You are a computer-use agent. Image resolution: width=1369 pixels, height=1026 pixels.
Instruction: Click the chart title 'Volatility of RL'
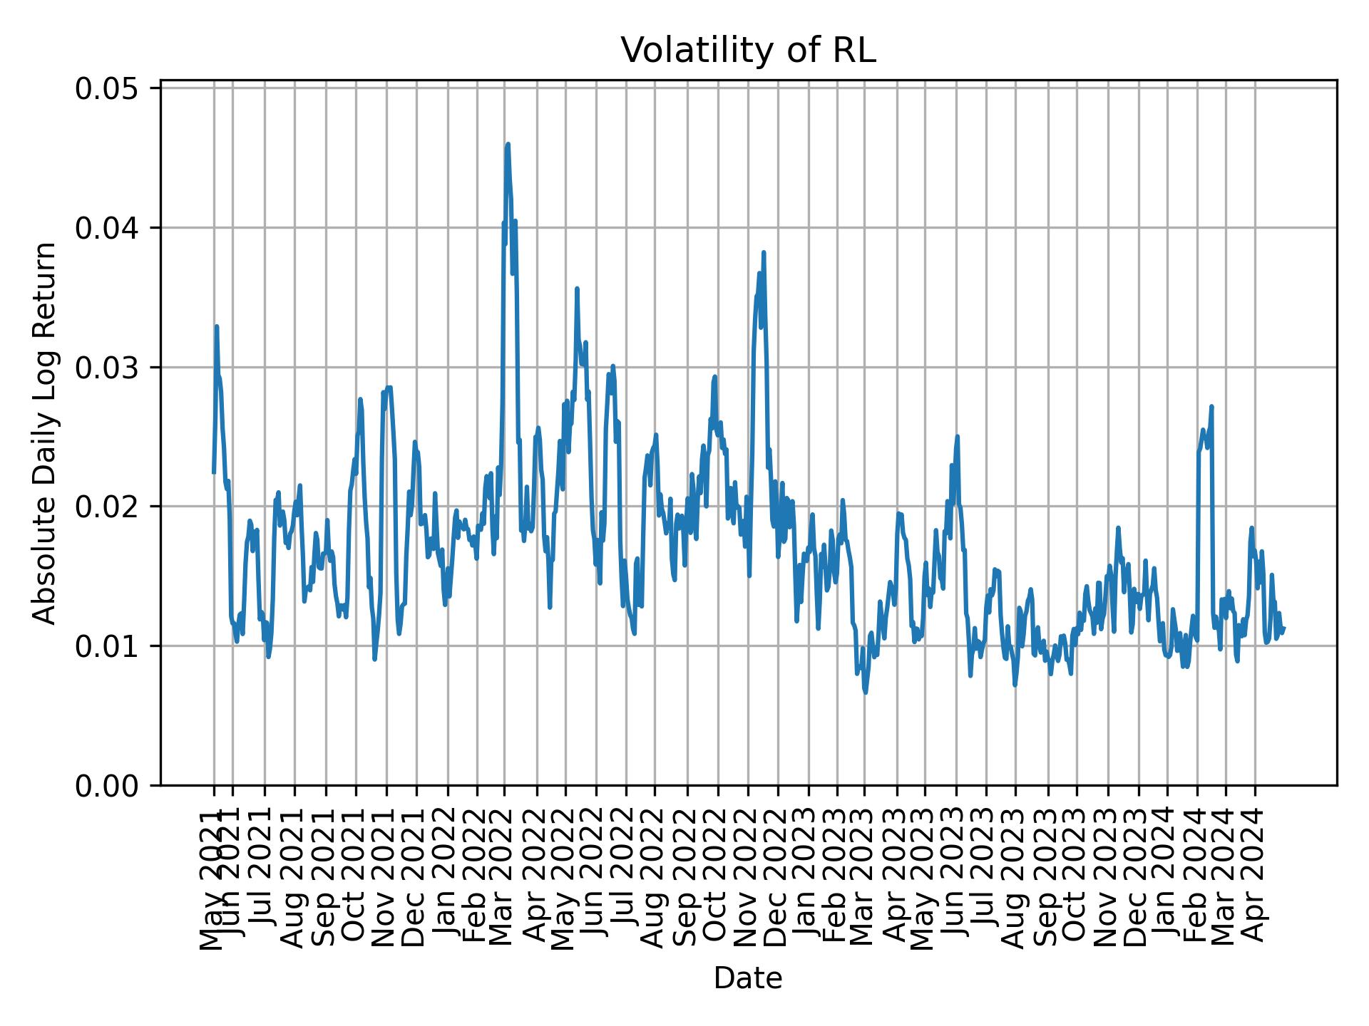[748, 51]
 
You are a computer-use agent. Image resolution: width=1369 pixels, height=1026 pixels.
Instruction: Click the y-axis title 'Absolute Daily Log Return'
[46, 432]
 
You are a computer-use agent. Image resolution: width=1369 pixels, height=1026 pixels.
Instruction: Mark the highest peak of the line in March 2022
[508, 144]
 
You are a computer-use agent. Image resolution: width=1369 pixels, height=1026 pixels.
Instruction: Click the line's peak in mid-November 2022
[764, 252]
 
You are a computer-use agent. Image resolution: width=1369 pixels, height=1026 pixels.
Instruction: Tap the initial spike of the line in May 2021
[216, 326]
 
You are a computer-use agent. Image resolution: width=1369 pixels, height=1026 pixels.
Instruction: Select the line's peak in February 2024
[1211, 406]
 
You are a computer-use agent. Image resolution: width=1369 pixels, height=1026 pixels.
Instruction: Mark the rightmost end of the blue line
[1283, 628]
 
